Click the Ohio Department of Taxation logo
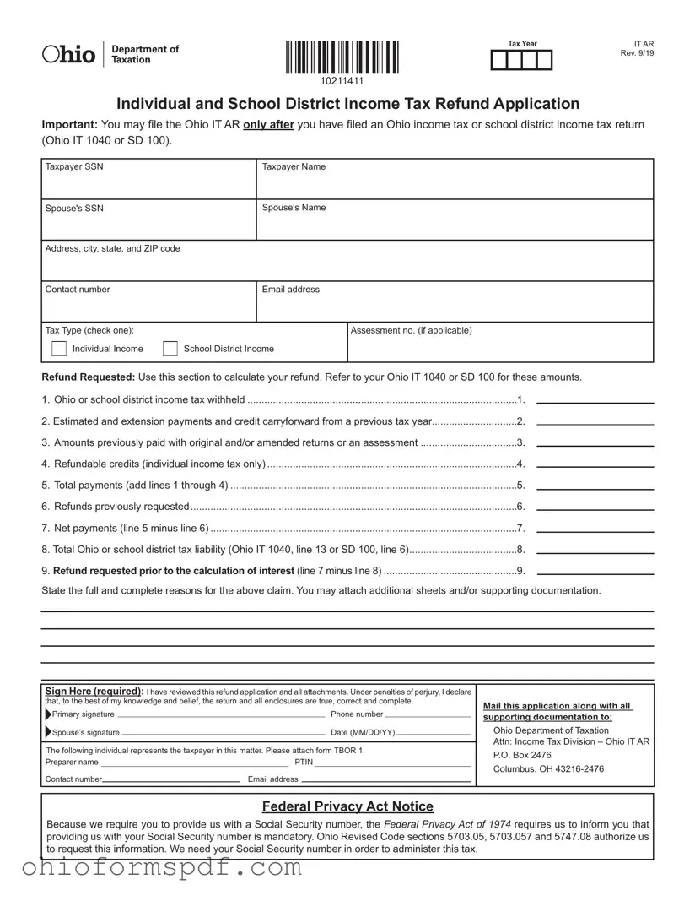(110, 54)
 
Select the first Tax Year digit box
(499, 61)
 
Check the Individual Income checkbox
(59, 349)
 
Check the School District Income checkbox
(170, 349)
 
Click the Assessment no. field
(500, 347)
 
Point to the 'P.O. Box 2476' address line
(522, 755)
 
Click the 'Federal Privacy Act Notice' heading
(347, 806)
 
